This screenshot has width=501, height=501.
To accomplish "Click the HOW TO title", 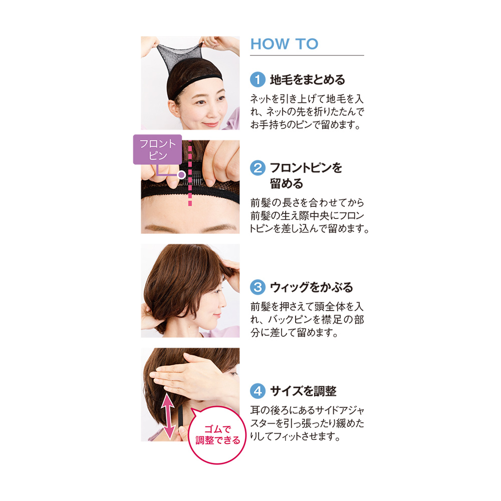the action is point(284,44).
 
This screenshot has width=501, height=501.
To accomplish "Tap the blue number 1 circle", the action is point(258,79).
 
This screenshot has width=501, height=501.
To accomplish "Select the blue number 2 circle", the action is point(258,168).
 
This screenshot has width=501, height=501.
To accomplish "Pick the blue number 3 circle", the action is point(258,287).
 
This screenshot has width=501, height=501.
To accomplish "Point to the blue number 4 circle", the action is point(258,391).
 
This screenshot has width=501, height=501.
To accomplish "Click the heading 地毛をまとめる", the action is point(308,80).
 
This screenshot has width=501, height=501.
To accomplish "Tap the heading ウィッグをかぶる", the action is point(311,287).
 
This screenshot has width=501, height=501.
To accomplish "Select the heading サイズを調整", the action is point(303,391).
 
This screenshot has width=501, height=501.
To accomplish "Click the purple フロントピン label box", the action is point(157,149).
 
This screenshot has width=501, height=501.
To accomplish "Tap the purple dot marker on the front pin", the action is point(181,174).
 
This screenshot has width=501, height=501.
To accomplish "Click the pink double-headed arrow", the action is point(167,416).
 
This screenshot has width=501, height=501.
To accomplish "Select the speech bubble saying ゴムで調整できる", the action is point(217,435).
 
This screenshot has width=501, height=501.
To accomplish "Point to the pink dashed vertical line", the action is point(190,173).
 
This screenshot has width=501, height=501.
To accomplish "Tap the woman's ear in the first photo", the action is point(173,109).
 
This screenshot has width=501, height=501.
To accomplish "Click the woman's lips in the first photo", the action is point(211,123).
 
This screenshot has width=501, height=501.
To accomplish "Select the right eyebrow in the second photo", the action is point(220,228).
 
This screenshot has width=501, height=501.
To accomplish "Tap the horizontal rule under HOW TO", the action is point(307,55).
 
